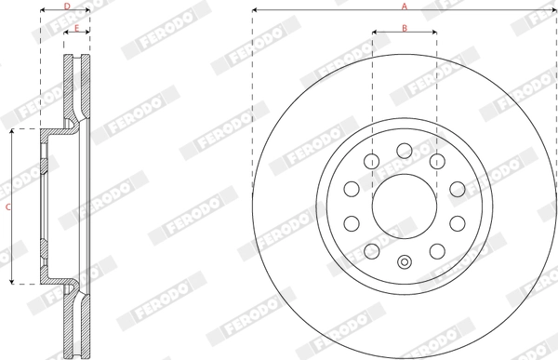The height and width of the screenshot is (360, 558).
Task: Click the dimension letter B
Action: point(405,28)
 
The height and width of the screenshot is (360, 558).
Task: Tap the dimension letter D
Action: point(65,7)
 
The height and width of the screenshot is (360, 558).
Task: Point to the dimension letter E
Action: point(76,28)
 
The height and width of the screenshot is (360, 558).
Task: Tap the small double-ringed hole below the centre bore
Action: point(405,261)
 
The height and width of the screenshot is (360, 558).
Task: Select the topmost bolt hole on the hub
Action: point(405,151)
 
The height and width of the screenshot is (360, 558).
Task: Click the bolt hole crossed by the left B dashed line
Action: point(372,162)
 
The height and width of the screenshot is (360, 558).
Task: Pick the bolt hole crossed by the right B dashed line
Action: point(437,162)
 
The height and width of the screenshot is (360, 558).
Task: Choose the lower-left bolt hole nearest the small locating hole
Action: point(372,250)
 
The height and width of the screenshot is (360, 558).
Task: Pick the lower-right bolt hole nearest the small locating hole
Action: point(437,250)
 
